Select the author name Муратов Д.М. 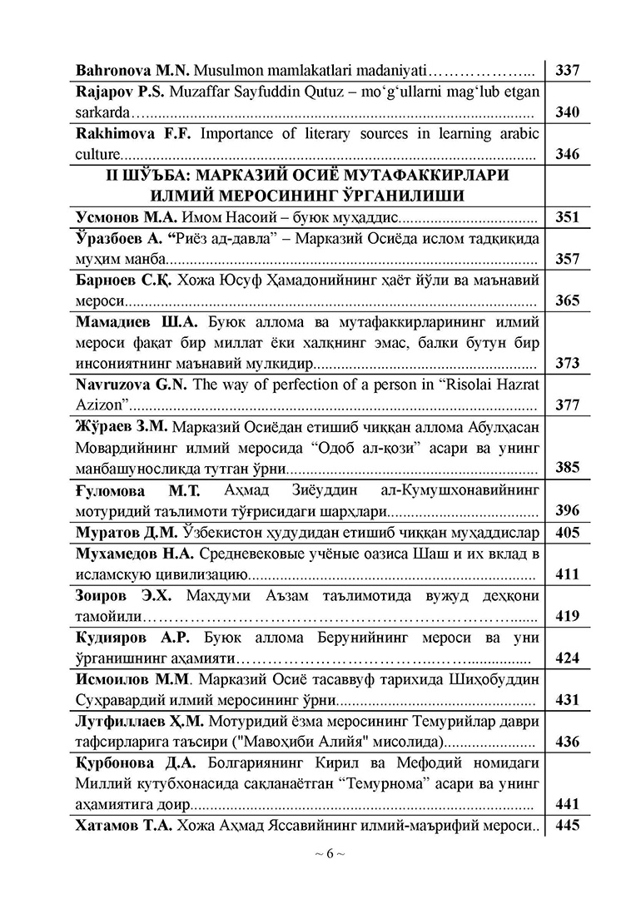pyautogui.click(x=118, y=532)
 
